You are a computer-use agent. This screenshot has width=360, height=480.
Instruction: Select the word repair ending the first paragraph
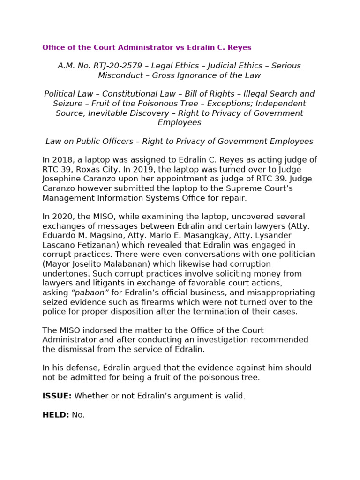click(234, 198)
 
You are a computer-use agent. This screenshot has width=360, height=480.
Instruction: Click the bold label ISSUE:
click(57, 396)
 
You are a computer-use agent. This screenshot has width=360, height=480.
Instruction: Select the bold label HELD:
click(55, 415)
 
